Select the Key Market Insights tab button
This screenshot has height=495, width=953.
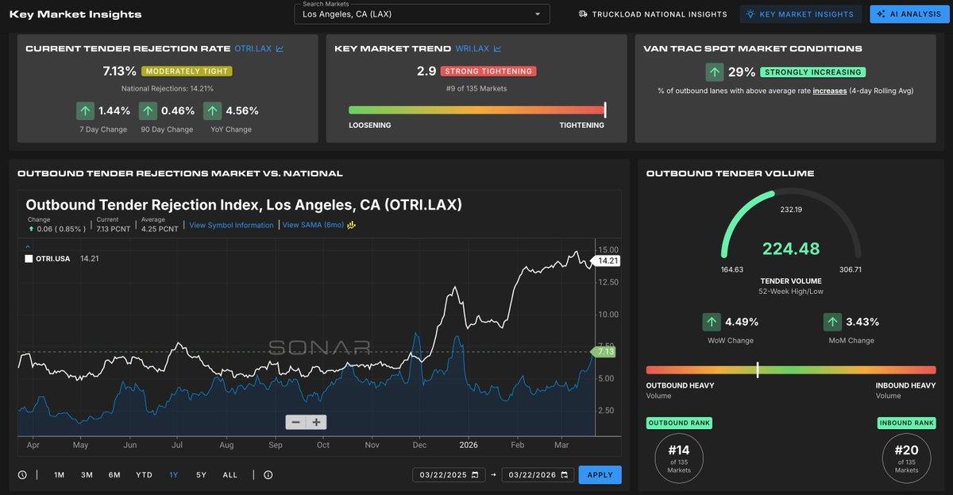click(800, 14)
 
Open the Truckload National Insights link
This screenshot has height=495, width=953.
click(653, 14)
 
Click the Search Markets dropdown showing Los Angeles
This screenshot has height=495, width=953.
click(422, 14)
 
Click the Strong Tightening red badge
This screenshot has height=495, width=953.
click(488, 72)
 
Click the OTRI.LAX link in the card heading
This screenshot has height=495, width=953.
click(253, 48)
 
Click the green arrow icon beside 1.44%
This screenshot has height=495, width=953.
click(85, 110)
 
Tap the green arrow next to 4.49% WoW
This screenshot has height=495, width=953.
click(712, 322)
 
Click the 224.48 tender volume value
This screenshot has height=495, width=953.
click(791, 249)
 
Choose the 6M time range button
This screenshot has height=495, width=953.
click(114, 475)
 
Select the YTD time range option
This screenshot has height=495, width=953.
click(144, 475)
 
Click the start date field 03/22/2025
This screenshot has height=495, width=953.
click(449, 475)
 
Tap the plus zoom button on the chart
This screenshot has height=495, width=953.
click(316, 422)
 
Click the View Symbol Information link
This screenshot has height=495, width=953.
click(231, 225)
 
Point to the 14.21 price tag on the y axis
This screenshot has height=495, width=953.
click(608, 261)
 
